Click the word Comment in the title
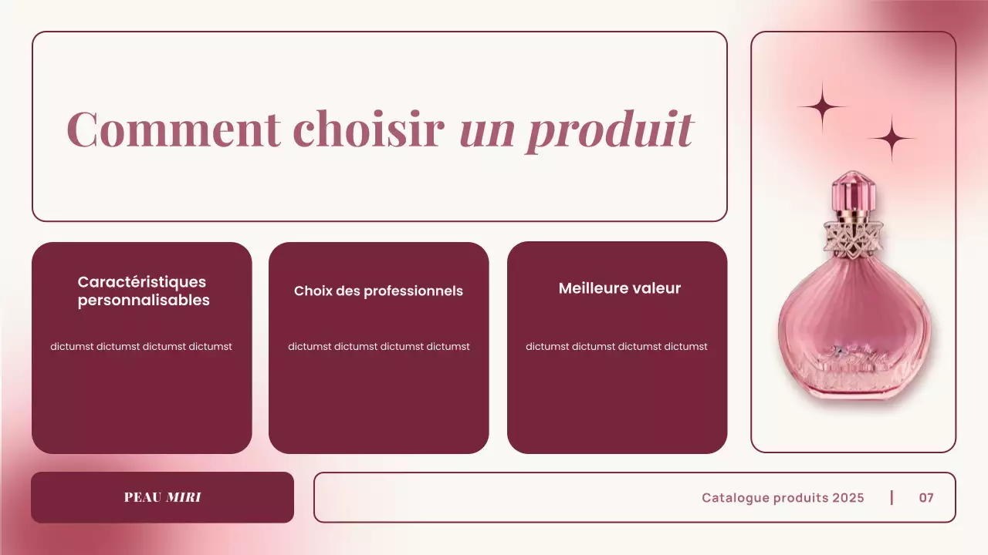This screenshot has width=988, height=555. click(x=174, y=129)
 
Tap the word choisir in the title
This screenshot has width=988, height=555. click(x=370, y=129)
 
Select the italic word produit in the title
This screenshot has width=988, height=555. click(x=610, y=130)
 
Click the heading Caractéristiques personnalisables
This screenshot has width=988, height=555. click(x=143, y=291)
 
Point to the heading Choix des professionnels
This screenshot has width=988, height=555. click(x=378, y=291)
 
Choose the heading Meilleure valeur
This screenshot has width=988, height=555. click(x=619, y=288)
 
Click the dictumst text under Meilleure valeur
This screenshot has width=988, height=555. click(x=616, y=347)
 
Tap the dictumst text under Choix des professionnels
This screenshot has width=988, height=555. click(x=378, y=347)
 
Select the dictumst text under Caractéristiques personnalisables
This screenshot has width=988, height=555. click(x=141, y=347)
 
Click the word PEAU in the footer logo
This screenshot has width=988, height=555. click(x=143, y=498)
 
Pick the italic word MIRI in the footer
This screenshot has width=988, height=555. click(x=184, y=498)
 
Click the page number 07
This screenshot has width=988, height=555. click(x=926, y=498)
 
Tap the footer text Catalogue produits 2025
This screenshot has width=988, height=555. click(x=783, y=498)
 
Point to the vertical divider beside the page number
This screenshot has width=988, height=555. click(x=892, y=497)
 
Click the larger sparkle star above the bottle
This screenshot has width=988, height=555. click(x=822, y=107)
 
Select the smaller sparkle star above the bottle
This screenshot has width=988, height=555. click(x=892, y=139)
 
